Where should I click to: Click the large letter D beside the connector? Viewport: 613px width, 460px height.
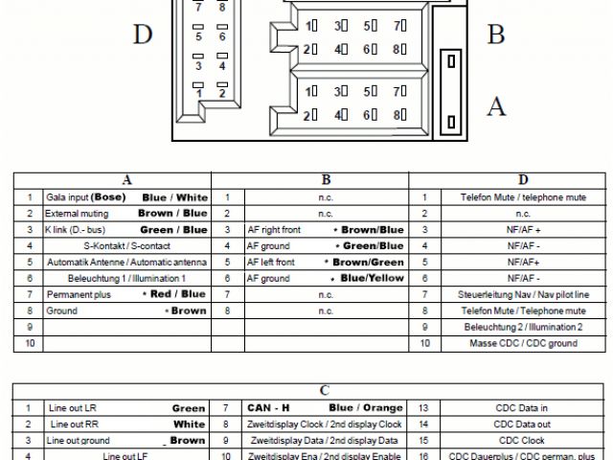[x=143, y=35]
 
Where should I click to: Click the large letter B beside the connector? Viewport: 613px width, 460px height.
[x=495, y=34]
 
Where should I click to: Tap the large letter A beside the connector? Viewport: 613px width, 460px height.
[x=495, y=105]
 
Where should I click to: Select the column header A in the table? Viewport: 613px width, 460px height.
[x=127, y=179]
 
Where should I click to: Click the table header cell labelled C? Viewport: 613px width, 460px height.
[x=325, y=390]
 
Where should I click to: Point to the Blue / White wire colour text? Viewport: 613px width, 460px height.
[x=174, y=196]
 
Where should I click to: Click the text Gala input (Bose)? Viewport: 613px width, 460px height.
[x=86, y=196]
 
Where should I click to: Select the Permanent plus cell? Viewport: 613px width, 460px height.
[x=79, y=294]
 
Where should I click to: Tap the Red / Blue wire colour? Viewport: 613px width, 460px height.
[x=178, y=294]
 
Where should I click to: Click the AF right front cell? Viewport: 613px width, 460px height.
[x=274, y=229]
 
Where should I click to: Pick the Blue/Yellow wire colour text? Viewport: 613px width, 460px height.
[x=372, y=278]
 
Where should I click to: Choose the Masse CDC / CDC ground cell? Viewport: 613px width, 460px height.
[x=523, y=343]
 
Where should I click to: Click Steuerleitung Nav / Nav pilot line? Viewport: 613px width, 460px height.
[x=523, y=294]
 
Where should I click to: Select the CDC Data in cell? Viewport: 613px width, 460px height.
[x=523, y=407]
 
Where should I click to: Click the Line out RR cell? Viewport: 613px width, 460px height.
[x=74, y=424]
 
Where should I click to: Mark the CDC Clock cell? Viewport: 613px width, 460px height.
[x=523, y=440]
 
